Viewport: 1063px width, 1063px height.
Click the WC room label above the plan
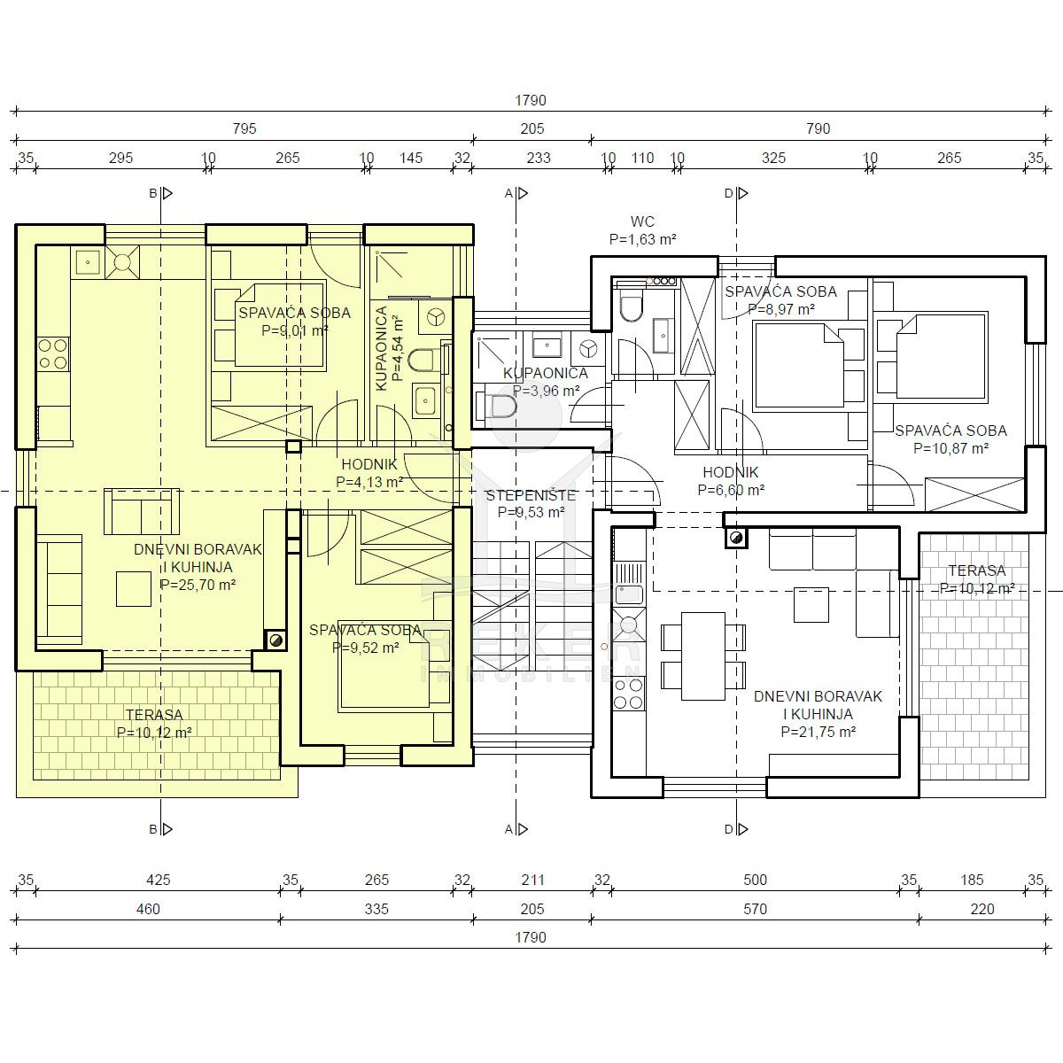[x=642, y=221]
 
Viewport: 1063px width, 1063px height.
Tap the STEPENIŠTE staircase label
[x=531, y=495]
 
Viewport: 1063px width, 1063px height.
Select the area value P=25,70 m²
[x=198, y=585]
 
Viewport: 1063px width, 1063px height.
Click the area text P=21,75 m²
[x=819, y=732]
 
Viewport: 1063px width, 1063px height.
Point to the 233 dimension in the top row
[x=539, y=159]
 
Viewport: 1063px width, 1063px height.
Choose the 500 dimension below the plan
[x=755, y=880]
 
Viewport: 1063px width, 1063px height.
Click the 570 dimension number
[x=755, y=909]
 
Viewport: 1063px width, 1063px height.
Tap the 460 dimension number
[x=148, y=909]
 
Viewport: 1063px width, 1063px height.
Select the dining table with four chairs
[x=703, y=656]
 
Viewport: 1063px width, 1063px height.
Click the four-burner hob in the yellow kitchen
[x=53, y=353]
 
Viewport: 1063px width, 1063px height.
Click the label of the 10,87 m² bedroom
[x=950, y=431]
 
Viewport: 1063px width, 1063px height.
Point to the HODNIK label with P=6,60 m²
[x=730, y=472]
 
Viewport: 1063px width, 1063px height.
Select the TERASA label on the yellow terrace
[x=154, y=715]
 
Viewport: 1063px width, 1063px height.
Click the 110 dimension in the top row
[x=642, y=159]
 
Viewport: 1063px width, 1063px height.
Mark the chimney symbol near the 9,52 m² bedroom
[x=275, y=640]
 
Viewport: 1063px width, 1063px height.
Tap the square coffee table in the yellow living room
[x=134, y=588]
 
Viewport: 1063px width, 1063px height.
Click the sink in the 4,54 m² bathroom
[x=425, y=400]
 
